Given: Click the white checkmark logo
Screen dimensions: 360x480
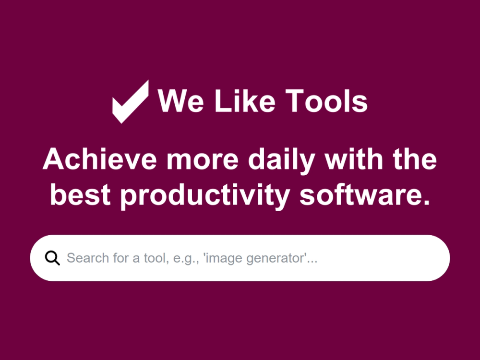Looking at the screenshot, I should pyautogui.click(x=130, y=102).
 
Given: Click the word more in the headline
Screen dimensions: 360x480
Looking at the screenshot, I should pyautogui.click(x=202, y=159).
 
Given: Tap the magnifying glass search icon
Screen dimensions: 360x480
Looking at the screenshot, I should pyautogui.click(x=52, y=258).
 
